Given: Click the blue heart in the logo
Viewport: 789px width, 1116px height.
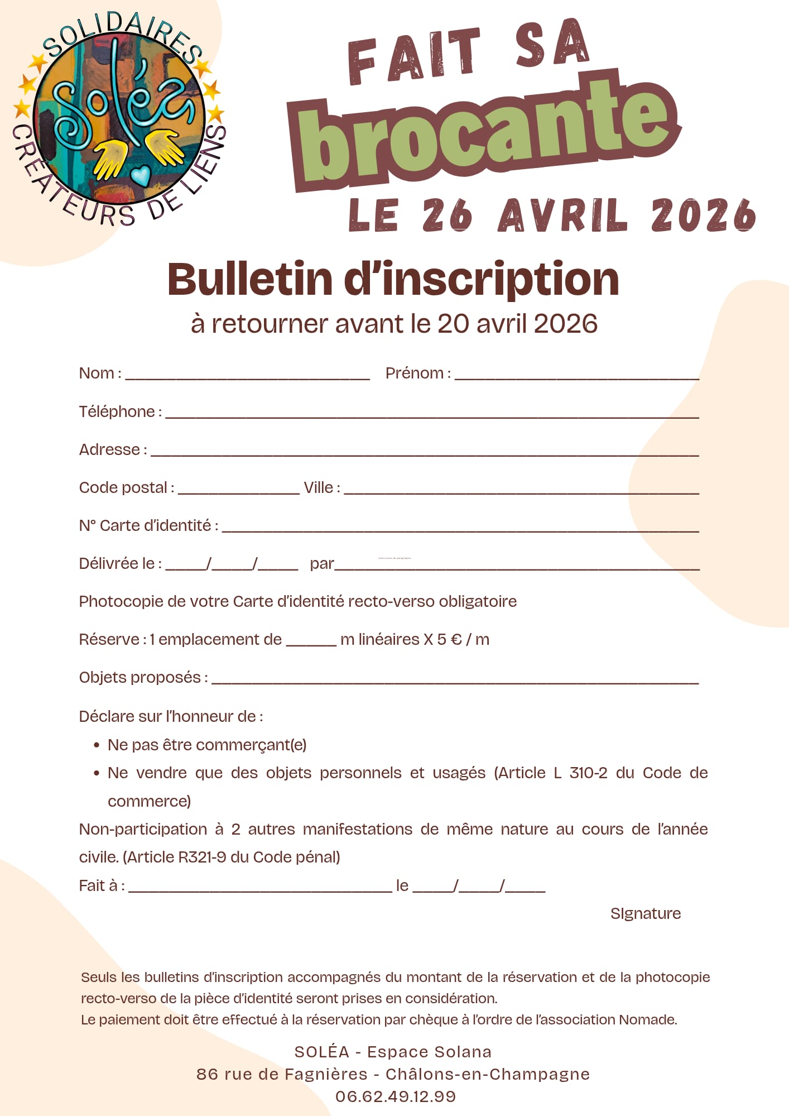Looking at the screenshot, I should [141, 175].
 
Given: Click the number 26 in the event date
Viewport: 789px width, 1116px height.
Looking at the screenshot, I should [447, 215].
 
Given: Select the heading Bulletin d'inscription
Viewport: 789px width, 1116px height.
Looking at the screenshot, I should [393, 279].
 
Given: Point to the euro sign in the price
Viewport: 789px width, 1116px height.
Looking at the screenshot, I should [456, 639].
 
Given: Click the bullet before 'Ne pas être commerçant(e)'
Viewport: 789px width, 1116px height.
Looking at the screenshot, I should [97, 745].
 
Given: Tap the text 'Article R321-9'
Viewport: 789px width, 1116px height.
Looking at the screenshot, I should [177, 857].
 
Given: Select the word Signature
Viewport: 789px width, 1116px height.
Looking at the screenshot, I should [645, 913].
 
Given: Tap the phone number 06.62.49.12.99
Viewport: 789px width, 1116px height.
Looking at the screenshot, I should [395, 1096].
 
